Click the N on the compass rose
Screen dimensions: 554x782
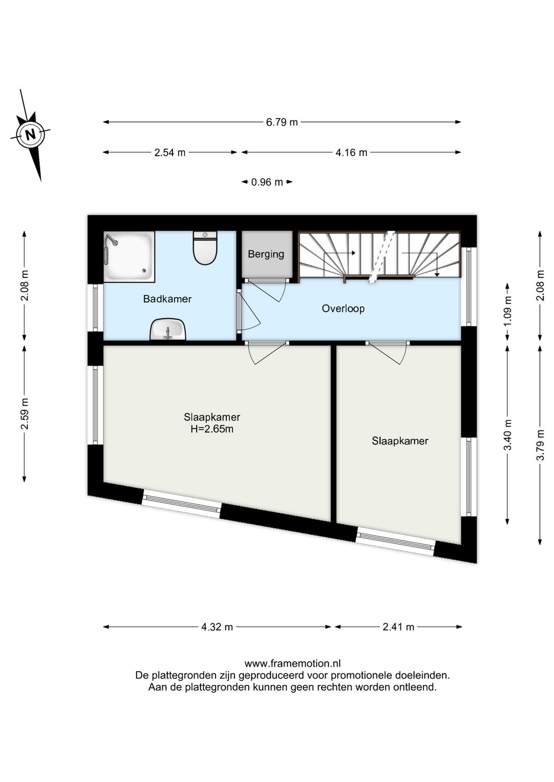pyautogui.click(x=31, y=134)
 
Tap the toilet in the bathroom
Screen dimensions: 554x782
pyautogui.click(x=205, y=248)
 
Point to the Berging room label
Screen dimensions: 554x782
pyautogui.click(x=266, y=254)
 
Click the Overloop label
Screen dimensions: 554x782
pyautogui.click(x=343, y=308)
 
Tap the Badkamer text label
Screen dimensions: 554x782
pyautogui.click(x=167, y=299)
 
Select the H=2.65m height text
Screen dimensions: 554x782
pyautogui.click(x=212, y=429)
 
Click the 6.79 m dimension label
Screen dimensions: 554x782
pyautogui.click(x=282, y=122)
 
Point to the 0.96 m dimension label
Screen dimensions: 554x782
pyautogui.click(x=267, y=182)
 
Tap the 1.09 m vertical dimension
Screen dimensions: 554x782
pyautogui.click(x=507, y=311)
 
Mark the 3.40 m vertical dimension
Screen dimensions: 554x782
pyautogui.click(x=507, y=435)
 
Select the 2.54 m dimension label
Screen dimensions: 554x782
pyautogui.click(x=170, y=152)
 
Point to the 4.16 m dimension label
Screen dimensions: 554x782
pyautogui.click(x=351, y=152)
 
